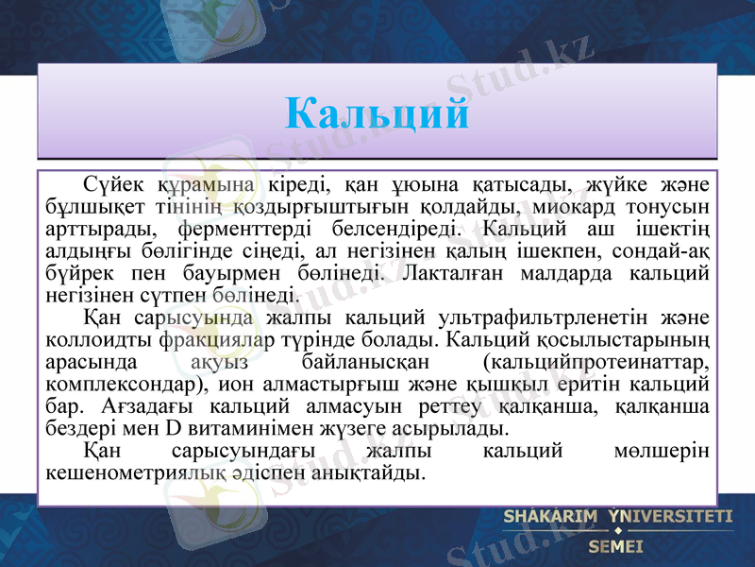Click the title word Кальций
377,114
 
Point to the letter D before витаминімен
173,430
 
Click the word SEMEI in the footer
615,545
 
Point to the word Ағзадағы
146,407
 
